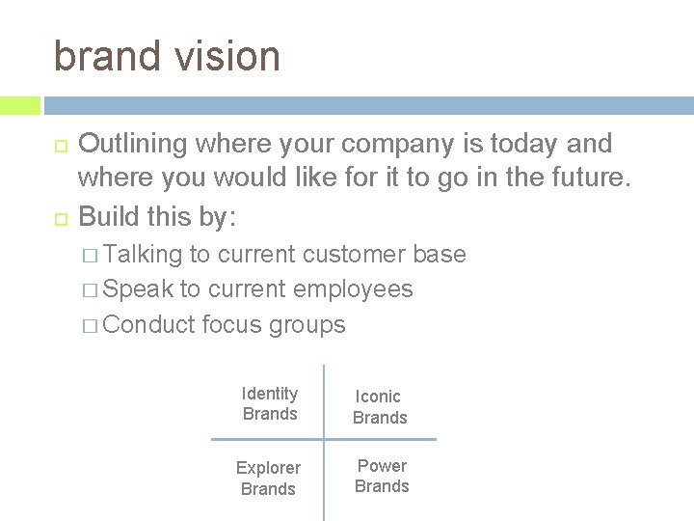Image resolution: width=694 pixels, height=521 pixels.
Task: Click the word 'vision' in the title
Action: pos(227,56)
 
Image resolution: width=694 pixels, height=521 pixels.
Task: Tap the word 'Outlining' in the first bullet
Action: pos(132,145)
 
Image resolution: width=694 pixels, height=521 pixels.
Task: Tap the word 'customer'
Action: pos(357,255)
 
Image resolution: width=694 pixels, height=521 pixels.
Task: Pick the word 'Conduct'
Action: pos(148,324)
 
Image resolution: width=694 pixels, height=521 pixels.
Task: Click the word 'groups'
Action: pos(307,325)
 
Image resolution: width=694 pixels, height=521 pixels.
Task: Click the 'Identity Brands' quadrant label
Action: pos(270,403)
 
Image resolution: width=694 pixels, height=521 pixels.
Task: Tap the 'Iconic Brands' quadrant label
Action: pos(380,406)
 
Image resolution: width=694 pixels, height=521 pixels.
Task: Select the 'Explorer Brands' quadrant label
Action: pos(268,478)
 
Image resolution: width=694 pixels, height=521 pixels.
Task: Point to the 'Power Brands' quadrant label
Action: pos(382,476)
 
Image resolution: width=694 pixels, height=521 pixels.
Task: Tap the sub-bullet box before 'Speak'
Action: pos(90,290)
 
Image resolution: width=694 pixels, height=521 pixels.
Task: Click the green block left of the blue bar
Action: pos(19,105)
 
